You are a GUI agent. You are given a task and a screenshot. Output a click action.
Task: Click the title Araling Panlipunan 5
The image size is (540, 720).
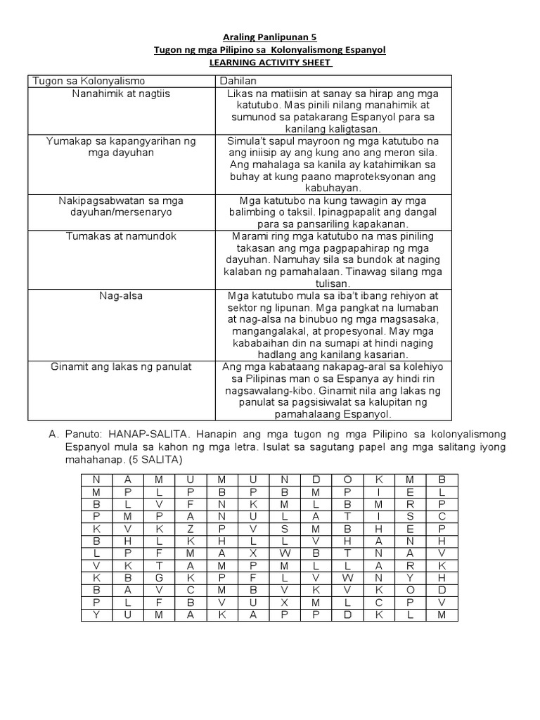[270, 37]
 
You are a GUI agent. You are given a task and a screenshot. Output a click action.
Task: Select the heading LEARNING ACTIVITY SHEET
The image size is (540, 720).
[270, 63]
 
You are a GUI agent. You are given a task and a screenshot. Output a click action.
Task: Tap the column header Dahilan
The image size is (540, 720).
[240, 80]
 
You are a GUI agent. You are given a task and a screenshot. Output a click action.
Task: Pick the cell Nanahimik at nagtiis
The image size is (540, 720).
[121, 93]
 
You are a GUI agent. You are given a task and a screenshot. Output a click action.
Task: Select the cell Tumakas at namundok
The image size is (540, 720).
[121, 236]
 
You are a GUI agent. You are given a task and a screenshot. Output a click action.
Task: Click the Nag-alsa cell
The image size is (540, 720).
[121, 295]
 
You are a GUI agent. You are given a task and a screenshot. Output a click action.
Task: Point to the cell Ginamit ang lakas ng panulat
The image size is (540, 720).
[121, 366]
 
